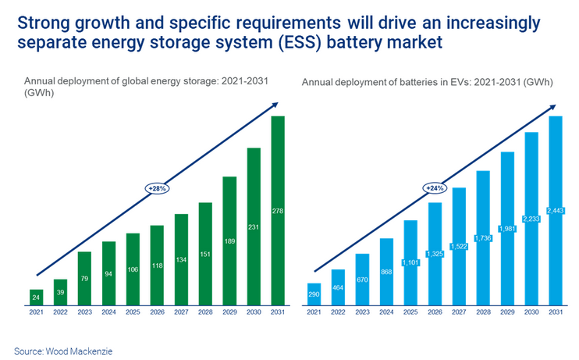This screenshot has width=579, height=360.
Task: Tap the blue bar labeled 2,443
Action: pyautogui.click(x=556, y=211)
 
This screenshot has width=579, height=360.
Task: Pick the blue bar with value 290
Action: pyautogui.click(x=314, y=294)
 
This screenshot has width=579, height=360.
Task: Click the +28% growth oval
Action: pyautogui.click(x=157, y=188)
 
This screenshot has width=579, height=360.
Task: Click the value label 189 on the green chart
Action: pyautogui.click(x=229, y=241)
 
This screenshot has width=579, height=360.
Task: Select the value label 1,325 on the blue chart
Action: pyautogui.click(x=435, y=254)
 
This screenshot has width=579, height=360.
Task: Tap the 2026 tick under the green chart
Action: pyautogui.click(x=157, y=312)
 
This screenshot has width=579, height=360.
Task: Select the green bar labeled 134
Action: pyautogui.click(x=181, y=259)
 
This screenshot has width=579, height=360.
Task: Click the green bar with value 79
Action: pyautogui.click(x=84, y=278)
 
